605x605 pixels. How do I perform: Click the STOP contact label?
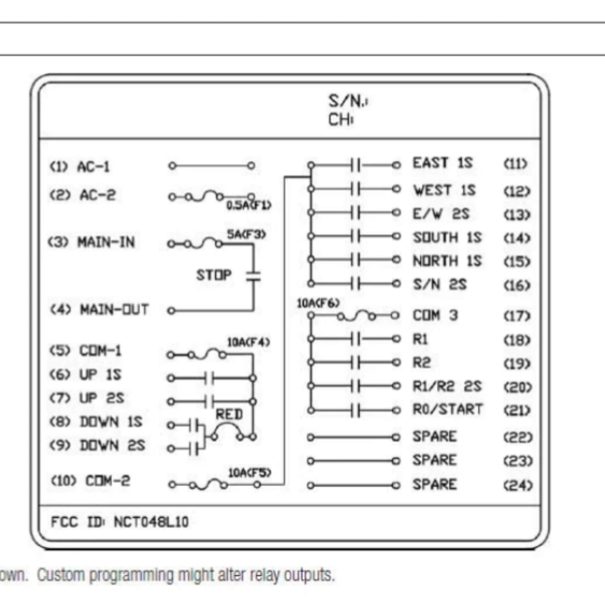pyautogui.click(x=214, y=275)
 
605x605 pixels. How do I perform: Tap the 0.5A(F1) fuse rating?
pyautogui.click(x=249, y=205)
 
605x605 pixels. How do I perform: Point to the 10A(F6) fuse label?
pyautogui.click(x=319, y=303)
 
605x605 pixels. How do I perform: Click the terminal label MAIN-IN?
pyautogui.click(x=106, y=242)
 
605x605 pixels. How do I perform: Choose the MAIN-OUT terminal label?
pyautogui.click(x=114, y=309)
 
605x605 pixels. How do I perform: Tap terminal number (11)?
pyautogui.click(x=516, y=164)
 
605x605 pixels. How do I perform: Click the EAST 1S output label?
pyautogui.click(x=443, y=163)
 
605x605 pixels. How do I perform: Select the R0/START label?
pyautogui.click(x=448, y=409)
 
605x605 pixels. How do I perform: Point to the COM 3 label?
pyautogui.click(x=435, y=315)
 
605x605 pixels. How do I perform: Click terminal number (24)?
pyautogui.click(x=518, y=486)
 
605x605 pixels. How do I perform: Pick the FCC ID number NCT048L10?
pyautogui.click(x=151, y=522)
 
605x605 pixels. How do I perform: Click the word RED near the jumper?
pyautogui.click(x=229, y=414)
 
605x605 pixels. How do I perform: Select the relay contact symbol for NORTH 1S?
pyautogui.click(x=355, y=260)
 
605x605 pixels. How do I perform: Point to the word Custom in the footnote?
pyautogui.click(x=61, y=575)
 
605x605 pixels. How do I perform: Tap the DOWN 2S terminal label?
pyautogui.click(x=112, y=446)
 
